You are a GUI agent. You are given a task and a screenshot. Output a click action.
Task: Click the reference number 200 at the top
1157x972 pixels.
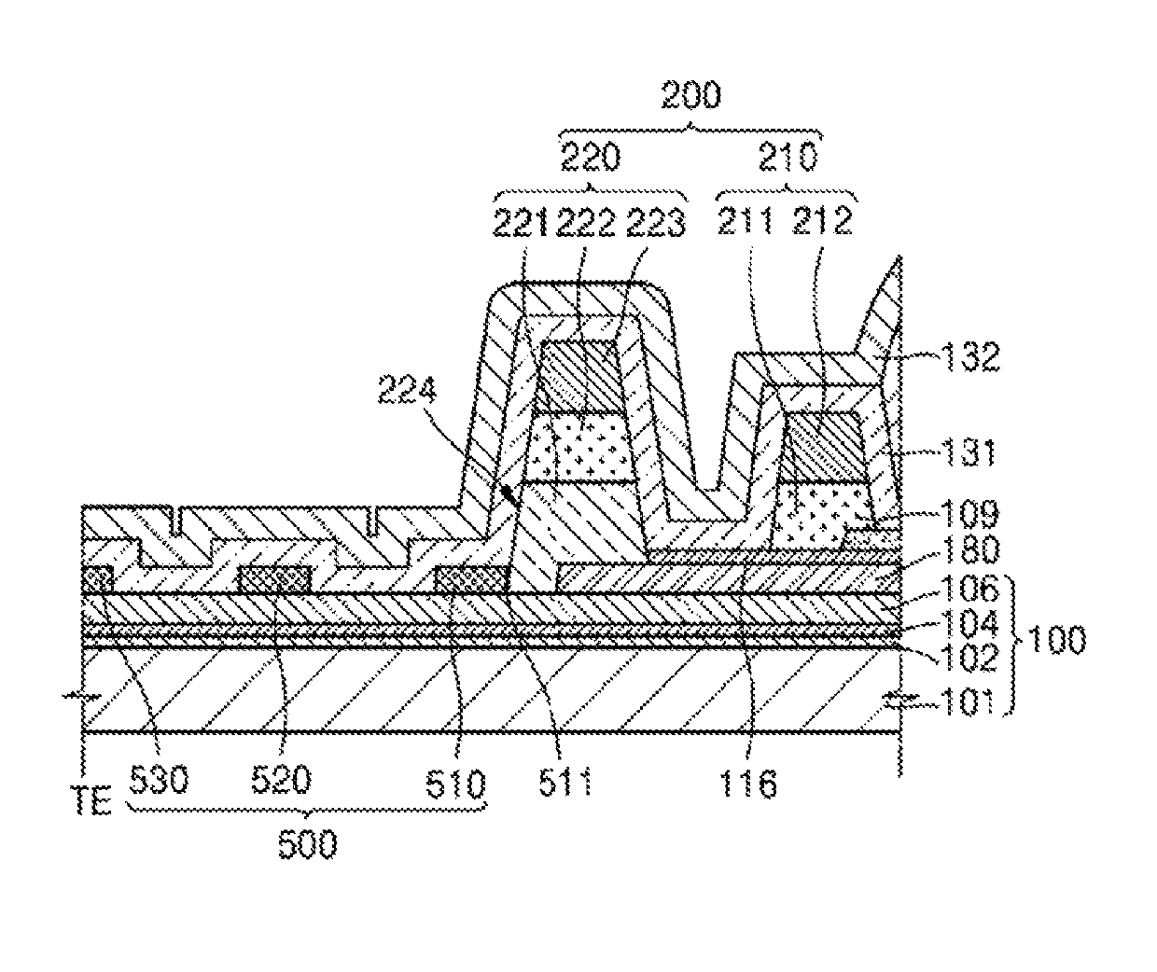click(x=690, y=96)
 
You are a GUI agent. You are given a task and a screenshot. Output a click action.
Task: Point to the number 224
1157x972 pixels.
click(x=412, y=393)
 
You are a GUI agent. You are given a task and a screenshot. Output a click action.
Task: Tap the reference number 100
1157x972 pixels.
click(x=1056, y=643)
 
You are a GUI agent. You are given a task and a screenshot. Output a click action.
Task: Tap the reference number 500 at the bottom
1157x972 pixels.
click(x=308, y=845)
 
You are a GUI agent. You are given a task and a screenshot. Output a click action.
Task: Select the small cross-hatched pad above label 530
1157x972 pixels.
click(x=97, y=578)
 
